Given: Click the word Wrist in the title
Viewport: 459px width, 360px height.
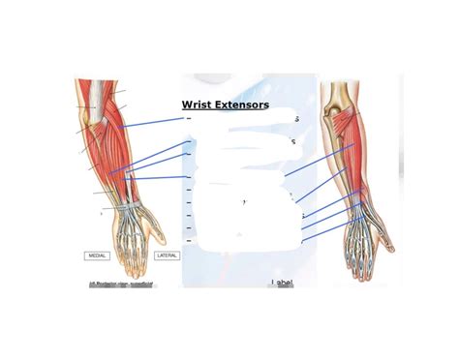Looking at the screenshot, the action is click(198, 105).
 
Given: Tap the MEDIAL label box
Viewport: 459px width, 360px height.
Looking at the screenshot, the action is click(98, 255).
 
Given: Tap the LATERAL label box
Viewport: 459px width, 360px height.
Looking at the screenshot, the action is click(167, 255).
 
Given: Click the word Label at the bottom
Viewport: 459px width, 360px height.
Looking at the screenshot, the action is click(283, 283).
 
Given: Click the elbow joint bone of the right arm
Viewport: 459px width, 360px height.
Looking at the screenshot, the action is click(341, 96).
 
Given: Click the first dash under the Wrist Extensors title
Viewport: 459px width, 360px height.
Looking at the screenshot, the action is click(188, 120).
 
